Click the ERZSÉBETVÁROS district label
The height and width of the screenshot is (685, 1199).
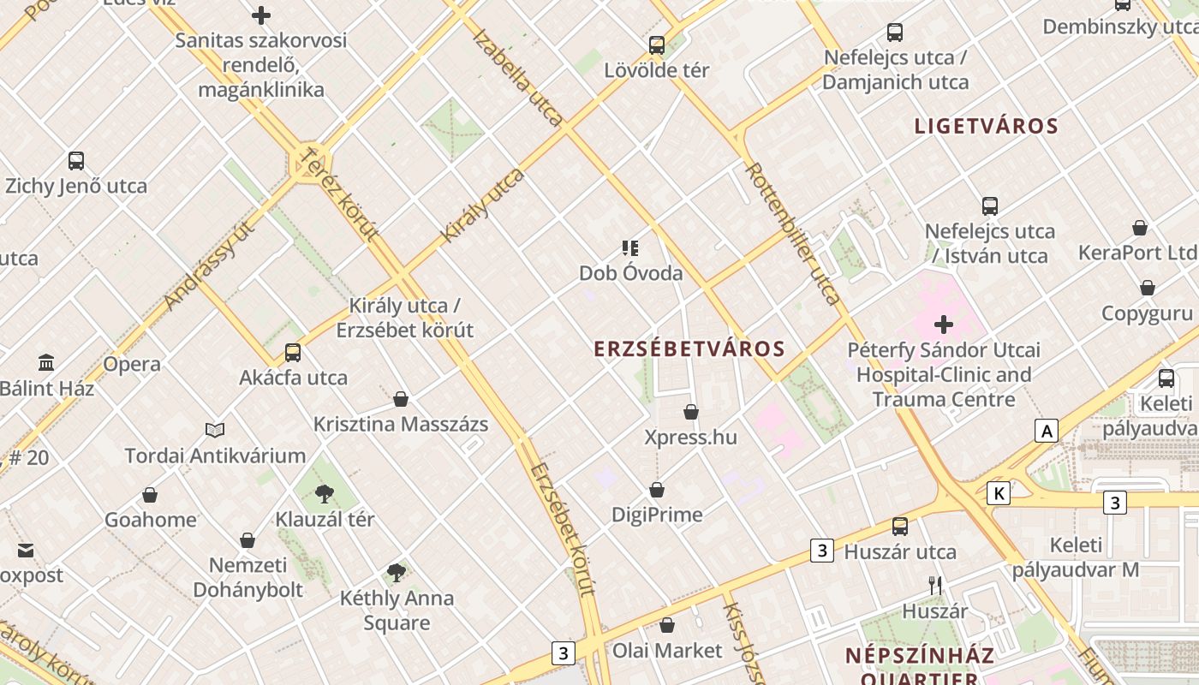[689, 349]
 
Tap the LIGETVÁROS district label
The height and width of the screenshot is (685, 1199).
[986, 127]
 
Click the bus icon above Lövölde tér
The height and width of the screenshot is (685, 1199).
[657, 45]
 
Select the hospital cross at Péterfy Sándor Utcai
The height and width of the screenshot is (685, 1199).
[943, 325]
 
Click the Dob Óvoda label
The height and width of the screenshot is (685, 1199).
[631, 273]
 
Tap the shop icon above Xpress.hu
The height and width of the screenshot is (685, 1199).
[691, 412]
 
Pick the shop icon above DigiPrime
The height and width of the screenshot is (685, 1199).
[657, 490]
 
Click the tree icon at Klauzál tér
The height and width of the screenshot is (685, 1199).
[324, 493]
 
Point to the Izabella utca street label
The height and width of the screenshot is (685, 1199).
[517, 77]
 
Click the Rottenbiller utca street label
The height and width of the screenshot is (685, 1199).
[792, 233]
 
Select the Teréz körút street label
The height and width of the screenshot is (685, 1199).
[340, 194]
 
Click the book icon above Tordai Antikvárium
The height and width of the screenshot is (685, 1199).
[215, 430]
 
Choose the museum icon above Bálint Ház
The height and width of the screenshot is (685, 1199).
[46, 363]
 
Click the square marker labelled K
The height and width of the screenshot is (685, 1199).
[998, 493]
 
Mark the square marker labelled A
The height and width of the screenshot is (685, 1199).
[1046, 431]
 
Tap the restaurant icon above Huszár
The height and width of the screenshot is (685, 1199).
[935, 586]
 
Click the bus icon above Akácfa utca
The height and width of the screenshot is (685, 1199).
[293, 352]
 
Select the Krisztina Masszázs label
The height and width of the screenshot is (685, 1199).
[401, 424]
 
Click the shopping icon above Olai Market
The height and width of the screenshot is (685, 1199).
[667, 625]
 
